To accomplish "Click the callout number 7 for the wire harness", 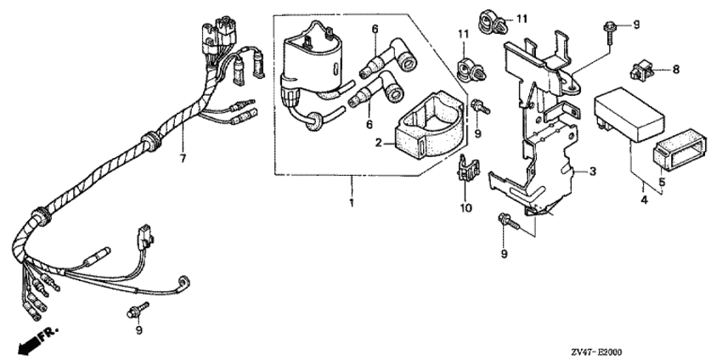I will click(181, 158).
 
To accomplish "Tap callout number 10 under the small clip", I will click(465, 206).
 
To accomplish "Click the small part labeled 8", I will click(645, 68).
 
